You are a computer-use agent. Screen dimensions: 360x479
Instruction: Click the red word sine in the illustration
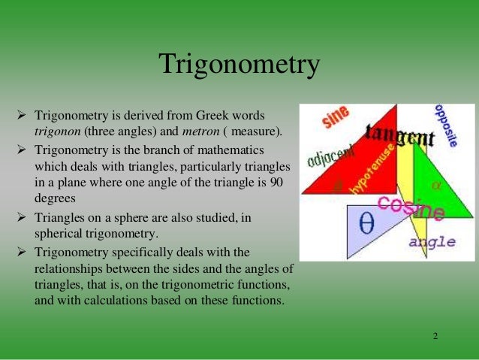(x=336, y=118)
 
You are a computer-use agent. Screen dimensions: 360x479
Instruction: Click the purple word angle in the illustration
(x=432, y=242)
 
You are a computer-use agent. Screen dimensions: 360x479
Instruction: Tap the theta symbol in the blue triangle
(x=367, y=223)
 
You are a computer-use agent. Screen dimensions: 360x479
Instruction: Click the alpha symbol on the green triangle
(x=436, y=184)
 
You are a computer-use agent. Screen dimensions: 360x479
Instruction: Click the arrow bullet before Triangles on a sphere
(x=21, y=217)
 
